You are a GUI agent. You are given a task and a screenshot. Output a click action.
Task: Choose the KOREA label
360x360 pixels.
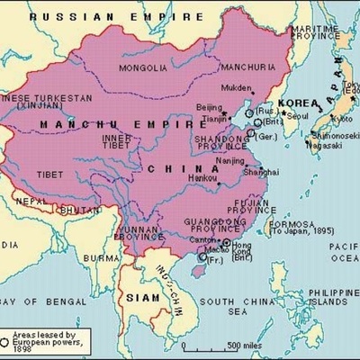click(297, 103)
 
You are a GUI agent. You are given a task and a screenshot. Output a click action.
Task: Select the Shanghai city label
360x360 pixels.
click(250, 172)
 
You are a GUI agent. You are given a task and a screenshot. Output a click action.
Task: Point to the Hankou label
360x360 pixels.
click(204, 181)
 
